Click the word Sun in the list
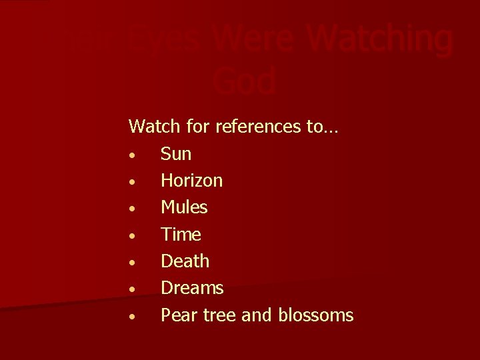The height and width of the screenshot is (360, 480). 176,154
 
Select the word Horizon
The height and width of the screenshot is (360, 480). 192,181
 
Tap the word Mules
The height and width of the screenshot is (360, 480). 184,207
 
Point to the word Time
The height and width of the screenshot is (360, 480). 181,234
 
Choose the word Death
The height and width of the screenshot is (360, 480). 185,261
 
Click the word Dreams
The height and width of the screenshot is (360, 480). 192,287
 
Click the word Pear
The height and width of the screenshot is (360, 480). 177,315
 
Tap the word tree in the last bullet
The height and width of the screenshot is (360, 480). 217,315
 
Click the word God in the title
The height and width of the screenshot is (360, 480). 245,81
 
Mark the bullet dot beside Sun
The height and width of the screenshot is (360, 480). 134,156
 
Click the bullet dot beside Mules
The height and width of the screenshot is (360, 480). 134,209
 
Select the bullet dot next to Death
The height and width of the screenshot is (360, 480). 134,263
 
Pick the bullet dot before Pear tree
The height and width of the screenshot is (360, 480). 134,316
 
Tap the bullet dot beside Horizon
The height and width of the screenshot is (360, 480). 134,183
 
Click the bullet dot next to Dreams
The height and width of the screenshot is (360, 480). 134,289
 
